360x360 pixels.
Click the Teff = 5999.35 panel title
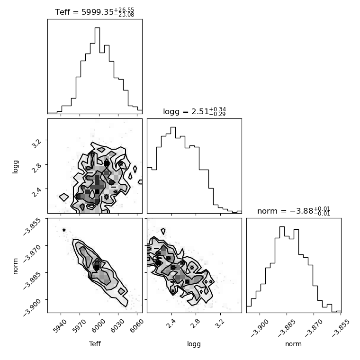pyautogui.click(x=94, y=12)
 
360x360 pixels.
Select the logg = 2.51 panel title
pyautogui.click(x=194, y=112)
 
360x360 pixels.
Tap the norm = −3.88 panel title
pyautogui.click(x=294, y=211)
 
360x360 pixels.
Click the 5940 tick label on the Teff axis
pyautogui.click(x=60, y=326)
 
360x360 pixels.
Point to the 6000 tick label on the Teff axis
pyautogui.click(x=99, y=326)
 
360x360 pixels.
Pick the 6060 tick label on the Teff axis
pyautogui.click(x=137, y=326)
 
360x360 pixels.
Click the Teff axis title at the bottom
pyautogui.click(x=95, y=344)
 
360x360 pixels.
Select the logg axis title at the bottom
pyautogui.click(x=194, y=344)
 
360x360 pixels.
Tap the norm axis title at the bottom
pyautogui.click(x=293, y=344)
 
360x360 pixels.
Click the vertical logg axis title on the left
pyautogui.click(x=15, y=167)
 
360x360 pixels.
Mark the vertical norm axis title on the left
pyautogui.click(x=15, y=266)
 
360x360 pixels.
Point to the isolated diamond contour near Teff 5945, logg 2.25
pyautogui.click(x=64, y=197)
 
